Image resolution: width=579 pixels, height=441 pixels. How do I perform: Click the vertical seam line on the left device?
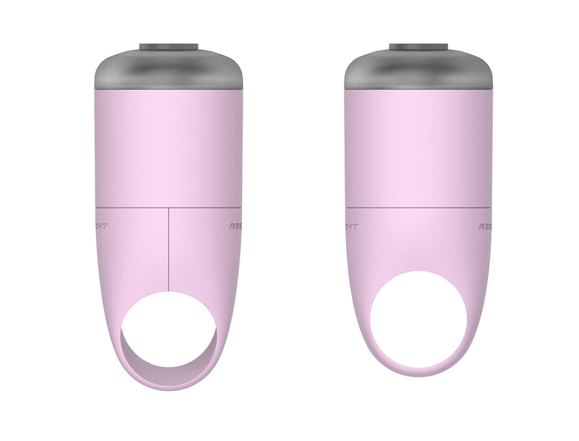[168, 247]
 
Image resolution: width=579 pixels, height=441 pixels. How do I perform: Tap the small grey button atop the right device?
[418, 47]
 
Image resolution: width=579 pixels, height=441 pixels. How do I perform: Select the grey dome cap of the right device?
[418, 69]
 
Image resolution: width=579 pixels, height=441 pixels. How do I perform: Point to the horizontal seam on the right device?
[418, 208]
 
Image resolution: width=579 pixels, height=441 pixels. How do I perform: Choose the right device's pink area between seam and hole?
[418, 241]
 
